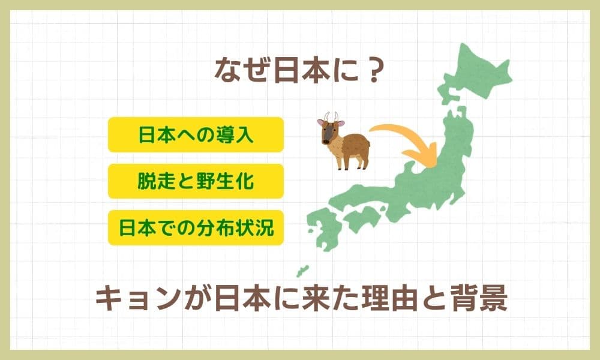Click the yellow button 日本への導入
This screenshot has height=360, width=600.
(196, 134)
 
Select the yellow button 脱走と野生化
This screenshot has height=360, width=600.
(196, 181)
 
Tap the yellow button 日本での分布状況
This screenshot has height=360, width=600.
(196, 227)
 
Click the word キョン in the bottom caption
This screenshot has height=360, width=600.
(137, 299)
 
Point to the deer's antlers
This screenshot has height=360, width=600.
(331, 116)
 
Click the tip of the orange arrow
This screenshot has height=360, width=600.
(435, 167)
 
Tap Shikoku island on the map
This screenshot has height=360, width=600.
(362, 217)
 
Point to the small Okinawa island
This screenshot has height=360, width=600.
(302, 271)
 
